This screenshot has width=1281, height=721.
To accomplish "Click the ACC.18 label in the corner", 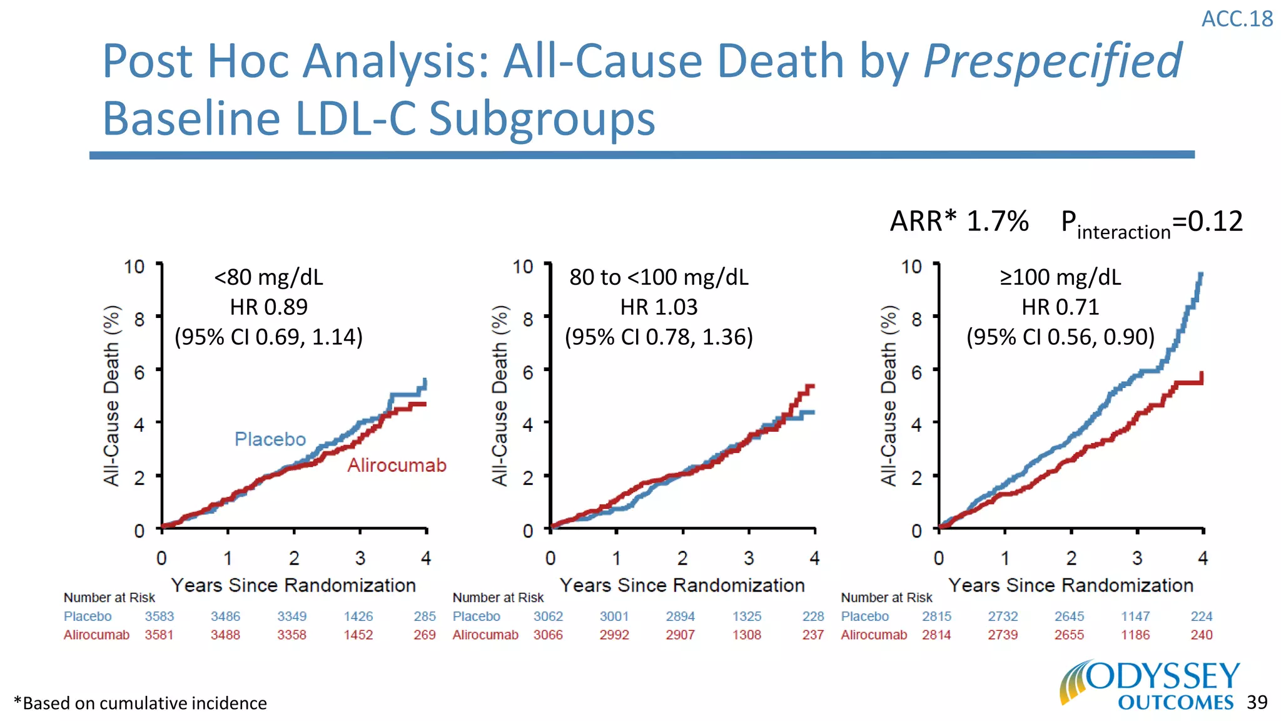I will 1237,19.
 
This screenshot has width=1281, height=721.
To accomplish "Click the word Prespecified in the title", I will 1052,61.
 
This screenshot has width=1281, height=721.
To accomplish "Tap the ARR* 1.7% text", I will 959,221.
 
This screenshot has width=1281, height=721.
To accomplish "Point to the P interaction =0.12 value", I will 1151,223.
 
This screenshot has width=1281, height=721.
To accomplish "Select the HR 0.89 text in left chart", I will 269,307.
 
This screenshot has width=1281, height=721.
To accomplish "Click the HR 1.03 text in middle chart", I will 659,307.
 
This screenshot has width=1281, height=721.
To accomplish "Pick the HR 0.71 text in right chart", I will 1060,307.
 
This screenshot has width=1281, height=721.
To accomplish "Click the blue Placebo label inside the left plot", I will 270,439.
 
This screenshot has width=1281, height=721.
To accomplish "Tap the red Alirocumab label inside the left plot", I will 397,465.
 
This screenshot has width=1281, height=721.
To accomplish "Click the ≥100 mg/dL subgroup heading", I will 1060,277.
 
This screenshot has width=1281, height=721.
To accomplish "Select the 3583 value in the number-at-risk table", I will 159,616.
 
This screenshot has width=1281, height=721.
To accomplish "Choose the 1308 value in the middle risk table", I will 747,635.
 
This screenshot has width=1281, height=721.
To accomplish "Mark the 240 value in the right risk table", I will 1201,635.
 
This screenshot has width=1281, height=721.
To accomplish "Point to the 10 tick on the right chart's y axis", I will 911,267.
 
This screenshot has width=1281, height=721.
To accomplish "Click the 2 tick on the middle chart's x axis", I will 682,558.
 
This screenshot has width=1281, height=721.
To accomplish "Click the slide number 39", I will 1257,702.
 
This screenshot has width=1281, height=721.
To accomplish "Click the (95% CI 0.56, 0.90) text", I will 1060,337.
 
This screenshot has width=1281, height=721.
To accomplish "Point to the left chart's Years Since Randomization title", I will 293,585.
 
